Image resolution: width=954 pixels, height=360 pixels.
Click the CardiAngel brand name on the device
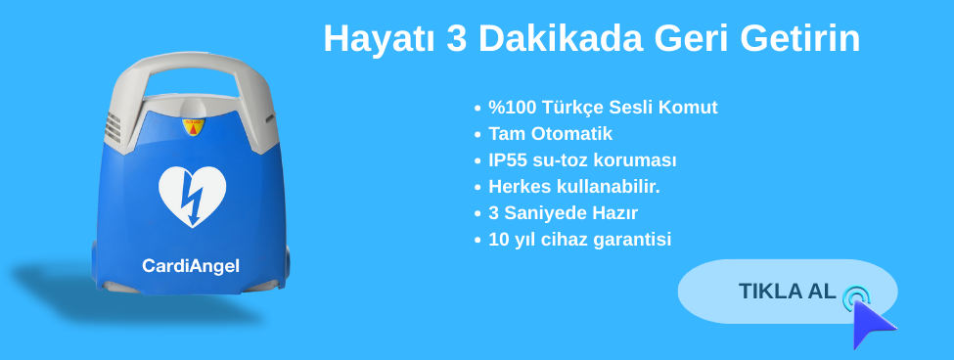(191, 266)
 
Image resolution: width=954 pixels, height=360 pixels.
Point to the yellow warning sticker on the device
(194, 126)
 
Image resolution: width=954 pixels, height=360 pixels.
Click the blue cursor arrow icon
(873, 324)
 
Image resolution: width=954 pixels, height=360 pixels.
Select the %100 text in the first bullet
(508, 108)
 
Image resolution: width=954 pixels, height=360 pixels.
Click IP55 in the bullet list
(508, 160)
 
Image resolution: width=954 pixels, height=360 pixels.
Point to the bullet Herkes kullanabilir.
(574, 187)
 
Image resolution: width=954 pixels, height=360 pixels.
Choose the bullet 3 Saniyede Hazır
(563, 213)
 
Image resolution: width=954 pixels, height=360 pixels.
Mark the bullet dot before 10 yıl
(477, 241)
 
